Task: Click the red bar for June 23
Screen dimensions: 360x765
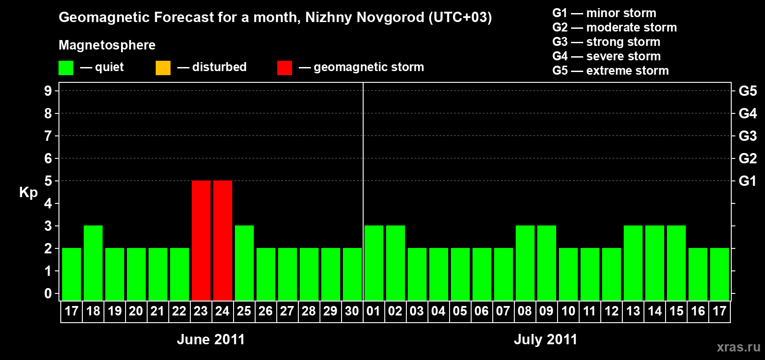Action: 201,240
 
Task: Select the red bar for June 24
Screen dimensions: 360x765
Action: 222,240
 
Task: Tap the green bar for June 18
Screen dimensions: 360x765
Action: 93,263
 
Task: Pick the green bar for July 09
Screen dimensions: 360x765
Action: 547,263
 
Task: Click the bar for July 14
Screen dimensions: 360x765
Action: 655,263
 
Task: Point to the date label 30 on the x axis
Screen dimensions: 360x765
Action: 352,311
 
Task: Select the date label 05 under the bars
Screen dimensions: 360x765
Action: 460,311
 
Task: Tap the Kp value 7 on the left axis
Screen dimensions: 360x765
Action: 48,136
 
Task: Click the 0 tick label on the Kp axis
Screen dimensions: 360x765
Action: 48,293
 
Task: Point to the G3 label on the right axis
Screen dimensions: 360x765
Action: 747,136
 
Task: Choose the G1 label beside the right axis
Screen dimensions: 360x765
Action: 747,181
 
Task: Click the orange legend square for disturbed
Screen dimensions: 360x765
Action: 163,68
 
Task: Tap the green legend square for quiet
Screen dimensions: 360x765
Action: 66,68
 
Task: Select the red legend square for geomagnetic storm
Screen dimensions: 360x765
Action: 284,68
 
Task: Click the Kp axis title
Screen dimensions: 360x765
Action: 28,193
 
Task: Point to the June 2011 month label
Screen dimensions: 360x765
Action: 211,339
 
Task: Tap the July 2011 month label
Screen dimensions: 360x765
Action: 545,339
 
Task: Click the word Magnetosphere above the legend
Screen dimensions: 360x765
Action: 107,45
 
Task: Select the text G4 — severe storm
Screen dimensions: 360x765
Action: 606,56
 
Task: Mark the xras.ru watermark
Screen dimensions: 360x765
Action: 738,347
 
